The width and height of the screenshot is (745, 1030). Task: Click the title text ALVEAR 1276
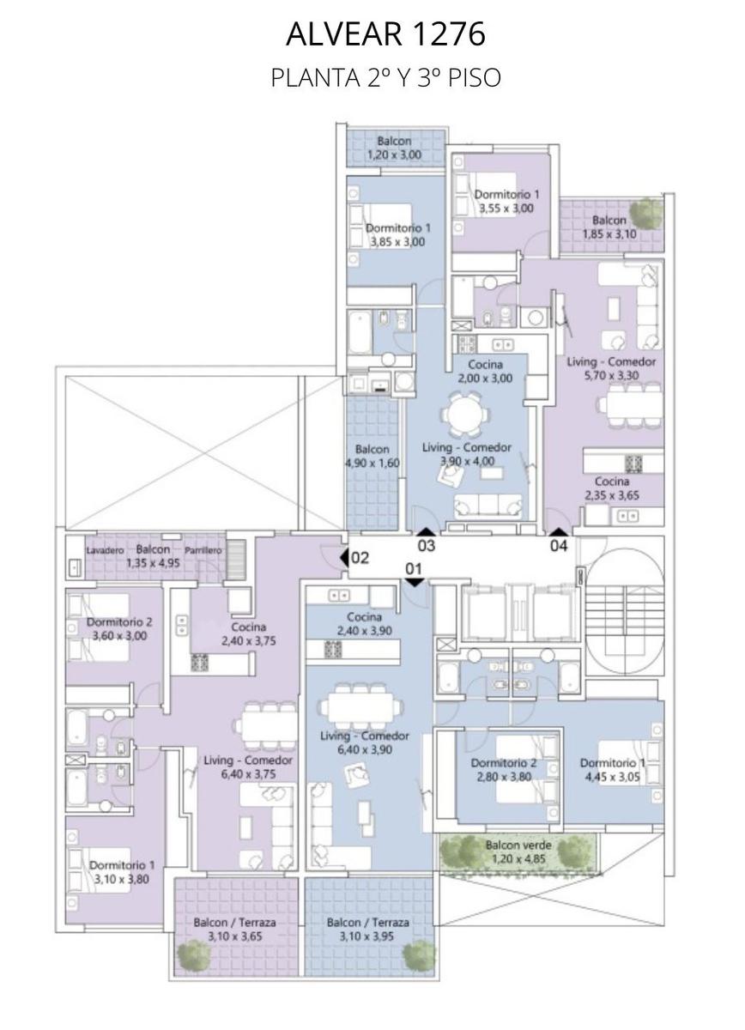click(x=386, y=34)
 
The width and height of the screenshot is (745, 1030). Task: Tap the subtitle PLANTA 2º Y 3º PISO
click(x=386, y=78)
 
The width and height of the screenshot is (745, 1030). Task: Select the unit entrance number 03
click(x=427, y=546)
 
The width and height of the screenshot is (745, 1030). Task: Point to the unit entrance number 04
click(x=559, y=546)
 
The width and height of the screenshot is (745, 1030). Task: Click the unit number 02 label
click(x=360, y=558)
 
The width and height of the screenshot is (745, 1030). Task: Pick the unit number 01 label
click(x=414, y=569)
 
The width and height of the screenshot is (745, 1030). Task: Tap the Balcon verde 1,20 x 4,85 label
click(x=518, y=852)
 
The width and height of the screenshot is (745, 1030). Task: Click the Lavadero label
click(x=106, y=550)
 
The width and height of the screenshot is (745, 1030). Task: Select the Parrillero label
click(x=203, y=550)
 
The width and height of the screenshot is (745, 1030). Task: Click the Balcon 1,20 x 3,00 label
click(x=394, y=148)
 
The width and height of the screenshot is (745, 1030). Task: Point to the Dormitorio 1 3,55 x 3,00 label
click(x=506, y=202)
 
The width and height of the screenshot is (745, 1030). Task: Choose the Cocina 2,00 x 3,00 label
click(x=485, y=372)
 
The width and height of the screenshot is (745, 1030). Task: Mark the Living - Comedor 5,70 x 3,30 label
click(x=611, y=369)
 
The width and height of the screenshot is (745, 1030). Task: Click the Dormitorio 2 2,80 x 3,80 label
click(x=504, y=770)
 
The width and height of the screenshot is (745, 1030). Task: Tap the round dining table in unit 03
click(x=464, y=413)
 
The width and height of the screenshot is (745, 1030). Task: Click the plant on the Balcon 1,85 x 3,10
click(x=646, y=211)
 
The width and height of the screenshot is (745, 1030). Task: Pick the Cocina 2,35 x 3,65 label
click(x=612, y=488)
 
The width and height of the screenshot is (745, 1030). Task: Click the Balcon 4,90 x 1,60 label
click(x=372, y=456)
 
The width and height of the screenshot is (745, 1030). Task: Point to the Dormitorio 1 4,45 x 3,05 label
click(x=612, y=770)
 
